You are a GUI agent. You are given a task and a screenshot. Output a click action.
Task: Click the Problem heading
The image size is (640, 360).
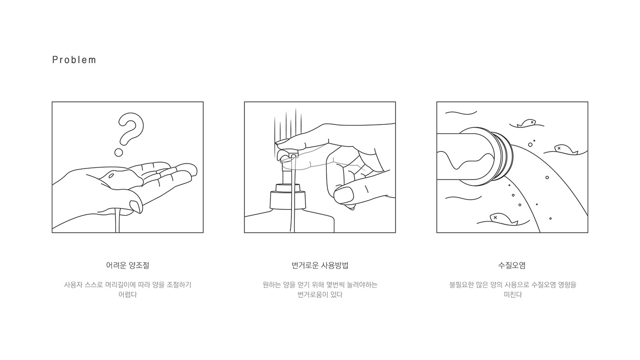click(x=74, y=60)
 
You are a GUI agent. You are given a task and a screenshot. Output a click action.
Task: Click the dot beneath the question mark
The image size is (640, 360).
click(x=118, y=152)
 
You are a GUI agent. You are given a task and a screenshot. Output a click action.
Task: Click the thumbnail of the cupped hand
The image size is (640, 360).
click(x=136, y=206)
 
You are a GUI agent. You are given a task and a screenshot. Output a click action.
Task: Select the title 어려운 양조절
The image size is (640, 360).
click(x=128, y=265)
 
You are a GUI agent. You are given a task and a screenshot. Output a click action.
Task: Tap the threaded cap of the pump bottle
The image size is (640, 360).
click(x=288, y=199)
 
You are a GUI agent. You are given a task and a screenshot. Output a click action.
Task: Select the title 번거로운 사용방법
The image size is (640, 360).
click(x=320, y=265)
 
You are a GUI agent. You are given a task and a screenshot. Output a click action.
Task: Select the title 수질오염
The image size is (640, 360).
click(x=512, y=265)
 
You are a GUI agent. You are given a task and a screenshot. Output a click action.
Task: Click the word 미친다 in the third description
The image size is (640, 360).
click(x=512, y=295)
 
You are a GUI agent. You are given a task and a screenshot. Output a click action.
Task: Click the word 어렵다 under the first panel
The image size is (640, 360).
click(x=128, y=295)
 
